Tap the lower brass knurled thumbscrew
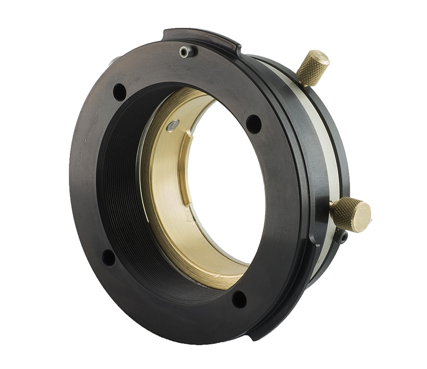[x=349, y=213]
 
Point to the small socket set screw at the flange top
[x=184, y=52]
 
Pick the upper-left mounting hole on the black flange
[x=119, y=92]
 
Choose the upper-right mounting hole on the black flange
[x=254, y=124]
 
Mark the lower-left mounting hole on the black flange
[x=108, y=258]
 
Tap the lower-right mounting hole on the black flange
[x=239, y=299]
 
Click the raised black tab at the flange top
[x=201, y=38]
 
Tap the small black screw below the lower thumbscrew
[x=343, y=239]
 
